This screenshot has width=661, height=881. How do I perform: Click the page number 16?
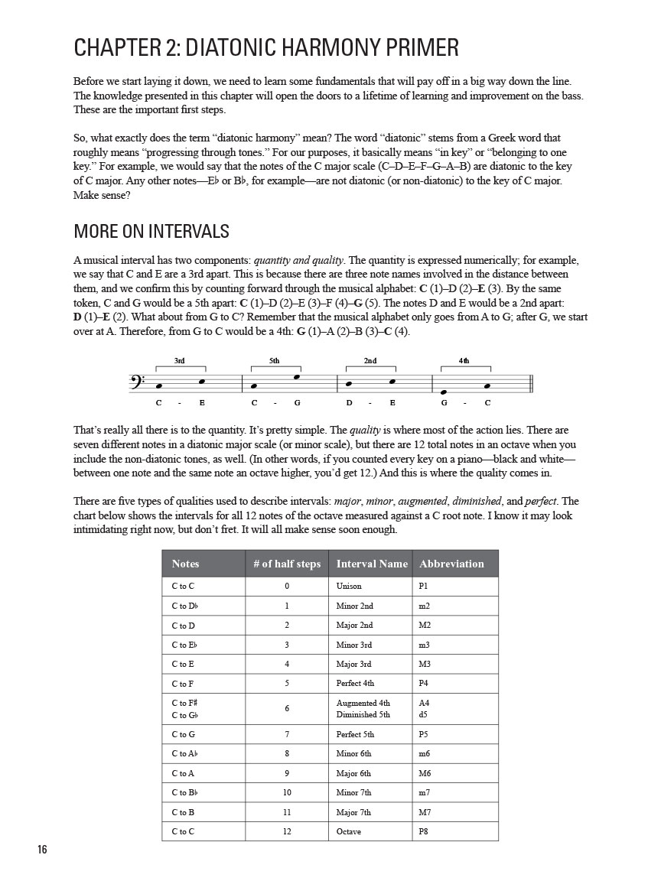(41, 850)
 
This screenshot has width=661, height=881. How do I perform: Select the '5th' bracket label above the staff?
(275, 360)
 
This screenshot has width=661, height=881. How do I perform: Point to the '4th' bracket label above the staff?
(464, 360)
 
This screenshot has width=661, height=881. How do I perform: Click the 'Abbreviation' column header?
(451, 564)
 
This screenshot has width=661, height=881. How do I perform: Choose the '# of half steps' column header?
(287, 564)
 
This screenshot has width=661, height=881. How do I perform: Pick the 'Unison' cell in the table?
(349, 587)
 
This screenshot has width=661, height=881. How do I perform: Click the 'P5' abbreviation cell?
(425, 734)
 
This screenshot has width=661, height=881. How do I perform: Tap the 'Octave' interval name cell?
(348, 831)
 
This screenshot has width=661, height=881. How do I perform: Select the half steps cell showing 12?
(287, 831)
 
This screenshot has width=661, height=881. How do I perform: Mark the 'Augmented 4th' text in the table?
(363, 703)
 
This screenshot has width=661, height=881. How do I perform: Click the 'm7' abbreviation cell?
(425, 792)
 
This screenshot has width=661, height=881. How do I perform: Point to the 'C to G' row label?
(184, 734)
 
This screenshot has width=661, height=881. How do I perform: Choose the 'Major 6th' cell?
(353, 773)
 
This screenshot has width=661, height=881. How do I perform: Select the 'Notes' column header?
(185, 564)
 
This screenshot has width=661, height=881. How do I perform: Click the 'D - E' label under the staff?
(370, 403)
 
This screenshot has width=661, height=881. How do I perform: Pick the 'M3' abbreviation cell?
(425, 664)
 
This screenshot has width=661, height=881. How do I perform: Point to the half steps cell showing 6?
(287, 708)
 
